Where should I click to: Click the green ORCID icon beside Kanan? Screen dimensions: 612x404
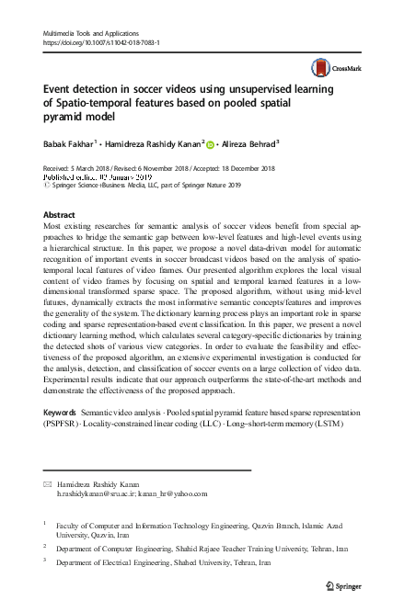210,143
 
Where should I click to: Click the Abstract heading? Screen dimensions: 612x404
60,213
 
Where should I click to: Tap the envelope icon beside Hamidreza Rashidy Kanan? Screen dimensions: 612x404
48,482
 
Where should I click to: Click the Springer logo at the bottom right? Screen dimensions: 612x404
344,584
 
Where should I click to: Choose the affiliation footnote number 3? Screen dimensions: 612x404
46,560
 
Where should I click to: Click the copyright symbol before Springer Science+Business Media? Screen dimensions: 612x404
47,186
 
